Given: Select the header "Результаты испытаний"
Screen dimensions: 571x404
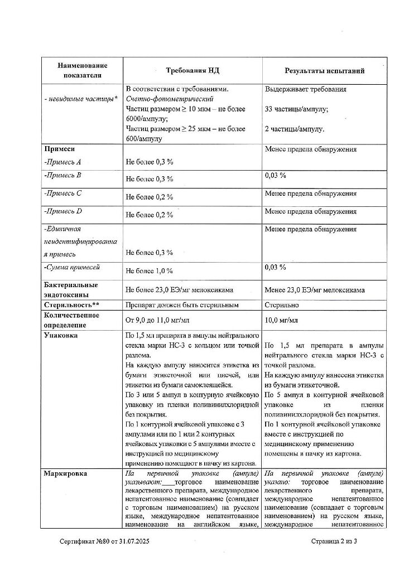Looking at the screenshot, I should pos(325,71).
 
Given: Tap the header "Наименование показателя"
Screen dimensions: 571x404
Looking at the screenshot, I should pos(82,70).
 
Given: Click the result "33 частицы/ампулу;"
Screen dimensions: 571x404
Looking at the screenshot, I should pos(296,109).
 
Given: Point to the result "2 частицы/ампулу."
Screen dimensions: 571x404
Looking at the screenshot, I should pos(294,129).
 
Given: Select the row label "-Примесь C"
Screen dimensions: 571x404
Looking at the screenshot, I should pos(63,193).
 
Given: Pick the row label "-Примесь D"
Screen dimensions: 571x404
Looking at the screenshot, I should pos(63,211).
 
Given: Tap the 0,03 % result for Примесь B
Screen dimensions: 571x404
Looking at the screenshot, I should pos(275,175).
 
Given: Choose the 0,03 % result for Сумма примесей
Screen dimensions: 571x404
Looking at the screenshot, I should pos(275,267).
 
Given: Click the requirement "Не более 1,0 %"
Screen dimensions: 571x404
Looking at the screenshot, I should pos(149,271).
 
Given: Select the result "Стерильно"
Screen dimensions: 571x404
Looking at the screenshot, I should pos(282,305).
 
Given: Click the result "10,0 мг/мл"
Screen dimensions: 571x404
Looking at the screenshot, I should pos(281,321).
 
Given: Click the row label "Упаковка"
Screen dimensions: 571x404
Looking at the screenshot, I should pos(61,335).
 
